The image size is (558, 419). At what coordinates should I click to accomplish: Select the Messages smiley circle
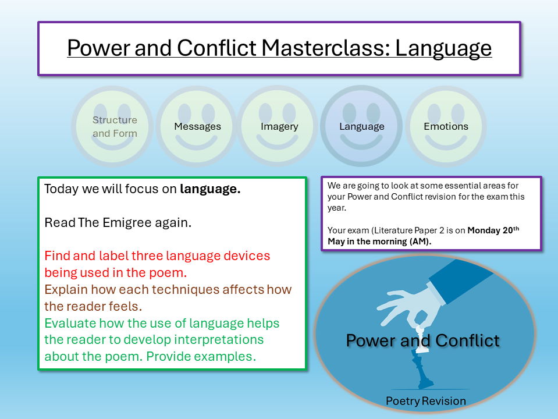[x=197, y=126]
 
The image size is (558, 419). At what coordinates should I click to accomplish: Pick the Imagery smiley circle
[x=279, y=126]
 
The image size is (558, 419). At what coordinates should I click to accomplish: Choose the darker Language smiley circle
[x=361, y=126]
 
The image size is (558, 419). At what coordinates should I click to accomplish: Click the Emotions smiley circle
[x=446, y=126]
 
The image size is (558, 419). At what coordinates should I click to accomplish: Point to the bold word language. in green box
[x=210, y=189]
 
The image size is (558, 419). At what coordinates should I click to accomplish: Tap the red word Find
[x=57, y=255]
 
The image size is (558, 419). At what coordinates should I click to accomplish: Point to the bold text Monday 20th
[x=493, y=230]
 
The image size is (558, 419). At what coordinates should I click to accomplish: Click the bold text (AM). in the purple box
[x=418, y=242]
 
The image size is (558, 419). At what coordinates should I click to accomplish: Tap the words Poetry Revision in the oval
[x=425, y=401]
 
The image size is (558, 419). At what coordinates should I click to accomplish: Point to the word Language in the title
[x=443, y=48]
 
